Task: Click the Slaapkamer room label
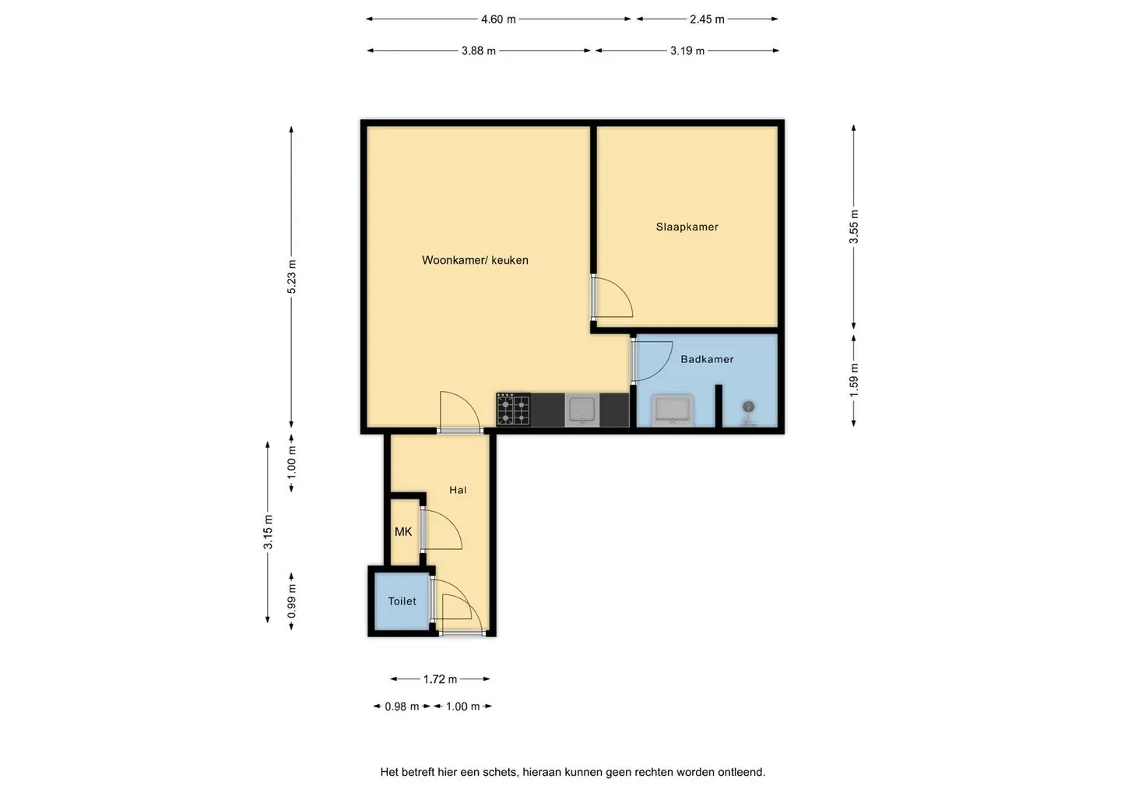pos(687,227)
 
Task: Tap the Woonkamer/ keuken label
pos(475,260)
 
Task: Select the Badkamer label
pos(707,359)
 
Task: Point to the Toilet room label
pos(402,601)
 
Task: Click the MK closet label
pos(403,532)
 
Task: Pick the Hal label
pos(458,490)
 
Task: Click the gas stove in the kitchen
pos(514,410)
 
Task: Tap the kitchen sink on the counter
pos(582,410)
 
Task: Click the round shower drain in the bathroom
pos(748,406)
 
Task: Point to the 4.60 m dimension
pos(498,19)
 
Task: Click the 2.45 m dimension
pos(707,19)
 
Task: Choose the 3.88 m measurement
pos(479,51)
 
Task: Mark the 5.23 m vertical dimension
pos(292,277)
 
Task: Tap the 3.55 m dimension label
pos(854,227)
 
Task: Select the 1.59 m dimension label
pos(854,380)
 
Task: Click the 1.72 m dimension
pos(441,678)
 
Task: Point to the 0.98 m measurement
pos(402,707)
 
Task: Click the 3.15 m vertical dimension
pos(269,532)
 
